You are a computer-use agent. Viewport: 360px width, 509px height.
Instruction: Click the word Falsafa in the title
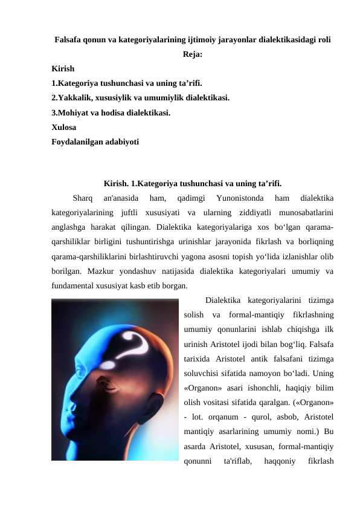[68, 40]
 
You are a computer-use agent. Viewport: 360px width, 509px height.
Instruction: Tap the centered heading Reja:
[192, 54]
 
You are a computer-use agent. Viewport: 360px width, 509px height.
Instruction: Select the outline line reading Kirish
[63, 69]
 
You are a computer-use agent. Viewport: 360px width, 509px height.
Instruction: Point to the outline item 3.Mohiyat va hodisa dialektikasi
[111, 112]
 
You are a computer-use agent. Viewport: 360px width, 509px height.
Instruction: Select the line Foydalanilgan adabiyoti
[95, 142]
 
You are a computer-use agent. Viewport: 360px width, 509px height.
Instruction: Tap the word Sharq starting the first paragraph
[82, 197]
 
